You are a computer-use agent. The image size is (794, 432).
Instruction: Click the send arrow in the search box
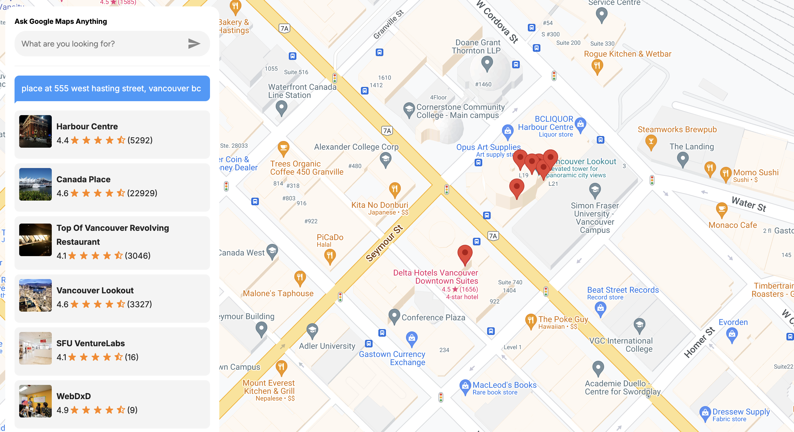(194, 44)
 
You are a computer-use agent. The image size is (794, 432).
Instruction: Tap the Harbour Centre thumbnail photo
(35, 132)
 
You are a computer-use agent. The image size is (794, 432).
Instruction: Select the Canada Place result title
(83, 179)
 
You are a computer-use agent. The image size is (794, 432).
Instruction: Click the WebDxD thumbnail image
(35, 401)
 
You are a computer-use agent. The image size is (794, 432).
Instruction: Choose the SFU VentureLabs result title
(91, 343)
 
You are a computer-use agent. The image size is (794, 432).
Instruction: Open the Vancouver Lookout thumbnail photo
(35, 295)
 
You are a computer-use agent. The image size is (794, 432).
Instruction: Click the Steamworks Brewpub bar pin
(651, 142)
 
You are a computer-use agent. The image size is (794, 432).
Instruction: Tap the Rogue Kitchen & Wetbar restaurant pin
(597, 66)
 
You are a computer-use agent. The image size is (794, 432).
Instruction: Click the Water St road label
(749, 204)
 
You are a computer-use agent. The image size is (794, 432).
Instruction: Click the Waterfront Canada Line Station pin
(281, 108)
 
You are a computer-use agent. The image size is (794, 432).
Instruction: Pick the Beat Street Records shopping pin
(600, 308)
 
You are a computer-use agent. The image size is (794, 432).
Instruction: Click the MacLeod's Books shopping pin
(465, 386)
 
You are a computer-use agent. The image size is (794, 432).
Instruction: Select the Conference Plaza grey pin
(394, 316)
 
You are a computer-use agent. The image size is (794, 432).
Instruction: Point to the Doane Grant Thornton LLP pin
(487, 64)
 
